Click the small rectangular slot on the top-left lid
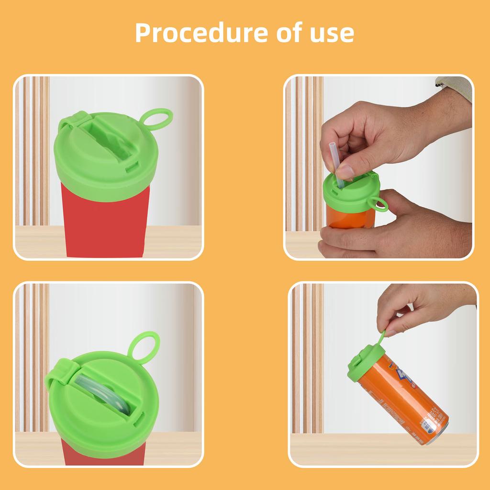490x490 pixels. click(132, 168)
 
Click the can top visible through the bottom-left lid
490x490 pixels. click(103, 392)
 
